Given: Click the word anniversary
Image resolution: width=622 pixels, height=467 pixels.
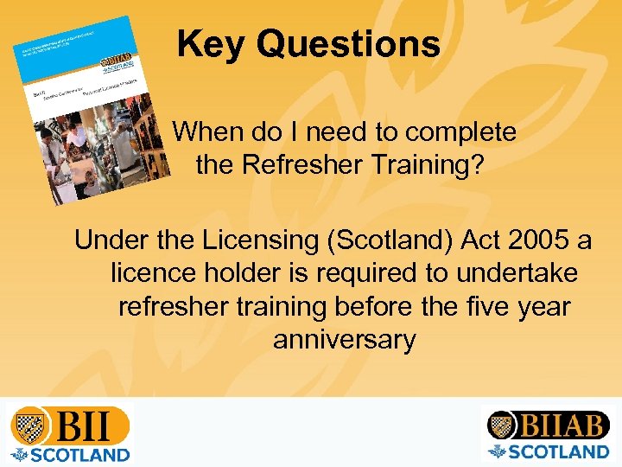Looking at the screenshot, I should point(344,340).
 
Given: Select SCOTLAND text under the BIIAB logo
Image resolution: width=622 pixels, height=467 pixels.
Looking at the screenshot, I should point(557,451).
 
